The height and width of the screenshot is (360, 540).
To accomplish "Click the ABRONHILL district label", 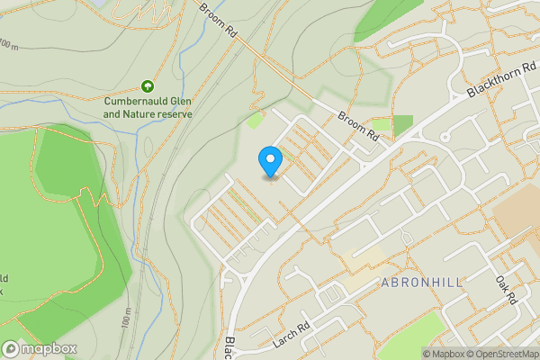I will click(422, 283).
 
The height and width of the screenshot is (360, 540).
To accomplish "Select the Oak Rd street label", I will click(506, 289).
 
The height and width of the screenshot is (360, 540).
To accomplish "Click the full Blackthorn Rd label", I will click(500, 79).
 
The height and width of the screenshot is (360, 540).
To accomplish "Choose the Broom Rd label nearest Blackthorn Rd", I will click(358, 126).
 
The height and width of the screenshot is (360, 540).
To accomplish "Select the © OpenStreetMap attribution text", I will click(506, 354).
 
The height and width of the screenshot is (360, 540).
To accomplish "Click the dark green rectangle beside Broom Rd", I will click(401, 122).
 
